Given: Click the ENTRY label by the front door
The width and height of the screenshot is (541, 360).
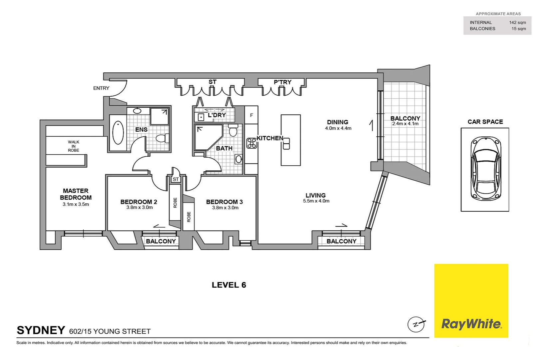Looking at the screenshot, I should tap(101, 88).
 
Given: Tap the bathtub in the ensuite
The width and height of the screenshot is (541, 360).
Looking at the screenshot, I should tap(118, 133).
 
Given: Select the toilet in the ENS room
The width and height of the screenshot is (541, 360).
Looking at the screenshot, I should tap(162, 138).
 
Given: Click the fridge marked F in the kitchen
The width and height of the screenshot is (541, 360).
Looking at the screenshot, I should tap(252, 115).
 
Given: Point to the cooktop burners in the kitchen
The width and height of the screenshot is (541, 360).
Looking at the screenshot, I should tap(252, 143).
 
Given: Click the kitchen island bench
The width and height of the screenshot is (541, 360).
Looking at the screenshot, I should tap(290, 140).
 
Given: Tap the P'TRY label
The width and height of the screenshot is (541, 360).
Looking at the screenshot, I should tap(282, 82).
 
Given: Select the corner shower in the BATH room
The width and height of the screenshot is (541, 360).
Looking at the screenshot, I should tap(207, 137).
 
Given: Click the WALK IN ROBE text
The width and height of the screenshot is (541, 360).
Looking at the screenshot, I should tap(74, 146).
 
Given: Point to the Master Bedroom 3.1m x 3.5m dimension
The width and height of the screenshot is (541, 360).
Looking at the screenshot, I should tap(76, 204).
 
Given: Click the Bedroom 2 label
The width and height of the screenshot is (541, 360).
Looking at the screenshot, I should tap(139, 202).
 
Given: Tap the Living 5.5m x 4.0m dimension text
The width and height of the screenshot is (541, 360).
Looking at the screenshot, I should tap(316, 201).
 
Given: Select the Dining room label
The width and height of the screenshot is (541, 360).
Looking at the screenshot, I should tap(337, 122).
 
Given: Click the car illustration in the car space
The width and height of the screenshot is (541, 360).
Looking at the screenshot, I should tap(485, 169).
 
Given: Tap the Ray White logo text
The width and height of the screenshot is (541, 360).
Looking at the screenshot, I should tap(471, 324).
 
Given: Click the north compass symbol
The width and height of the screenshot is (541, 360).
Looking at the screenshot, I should tap(416, 324).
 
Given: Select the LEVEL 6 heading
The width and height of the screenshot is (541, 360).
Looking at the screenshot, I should tap(229, 285).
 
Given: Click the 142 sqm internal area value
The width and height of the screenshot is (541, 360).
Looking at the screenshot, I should tap(517, 22).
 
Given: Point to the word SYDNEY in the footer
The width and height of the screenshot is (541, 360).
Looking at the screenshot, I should tap(41, 330).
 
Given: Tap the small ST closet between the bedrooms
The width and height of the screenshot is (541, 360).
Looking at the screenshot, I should tap(176, 179).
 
